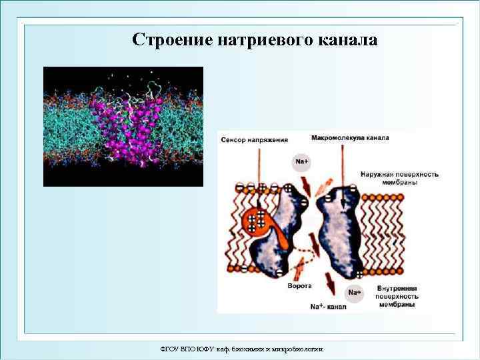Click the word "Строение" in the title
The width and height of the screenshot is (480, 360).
click(172, 39)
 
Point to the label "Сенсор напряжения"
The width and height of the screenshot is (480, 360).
click(255, 140)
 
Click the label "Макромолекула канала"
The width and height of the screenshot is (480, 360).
click(349, 138)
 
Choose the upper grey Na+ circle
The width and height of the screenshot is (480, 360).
click(301, 161)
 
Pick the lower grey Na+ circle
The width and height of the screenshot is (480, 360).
click(355, 292)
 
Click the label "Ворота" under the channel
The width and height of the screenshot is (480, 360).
click(299, 287)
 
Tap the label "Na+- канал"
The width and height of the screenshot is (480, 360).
click(327, 307)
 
